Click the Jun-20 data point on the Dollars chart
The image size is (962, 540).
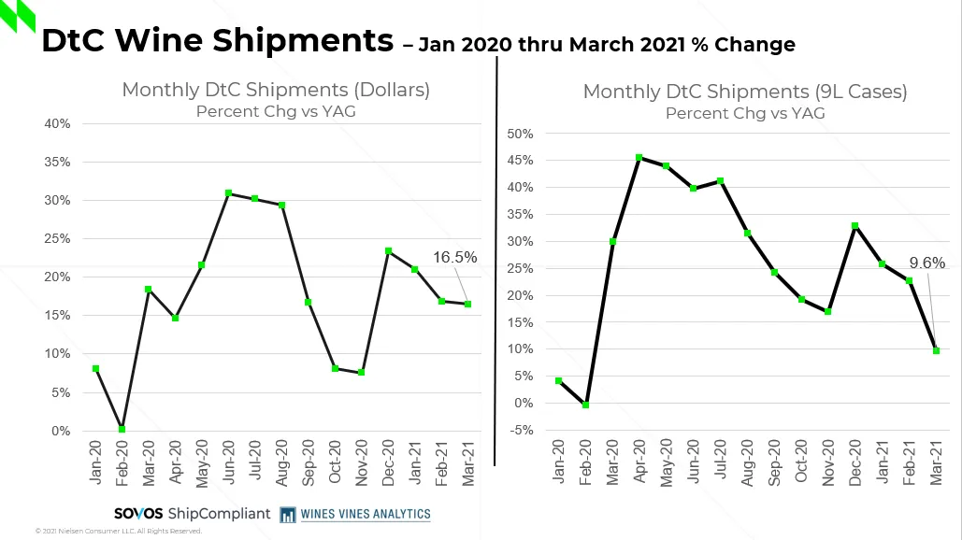pos(228,193)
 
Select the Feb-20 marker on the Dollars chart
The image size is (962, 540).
pos(122,429)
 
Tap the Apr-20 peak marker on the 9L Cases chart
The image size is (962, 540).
pos(639,158)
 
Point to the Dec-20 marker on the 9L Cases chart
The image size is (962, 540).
pos(854,226)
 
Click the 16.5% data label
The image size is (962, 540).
pos(455,257)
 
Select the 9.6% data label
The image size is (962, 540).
pos(927,263)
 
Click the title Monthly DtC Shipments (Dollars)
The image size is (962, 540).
pos(276,91)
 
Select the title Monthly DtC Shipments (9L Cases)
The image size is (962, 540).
pos(745,92)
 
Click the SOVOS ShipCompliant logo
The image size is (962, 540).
pos(192,514)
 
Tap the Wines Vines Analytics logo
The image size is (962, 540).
pos(354,514)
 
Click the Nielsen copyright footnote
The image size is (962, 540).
pos(119,532)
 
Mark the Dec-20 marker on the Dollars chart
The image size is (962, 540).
pos(389,251)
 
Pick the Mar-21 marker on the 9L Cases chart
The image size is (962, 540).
pos(936,350)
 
